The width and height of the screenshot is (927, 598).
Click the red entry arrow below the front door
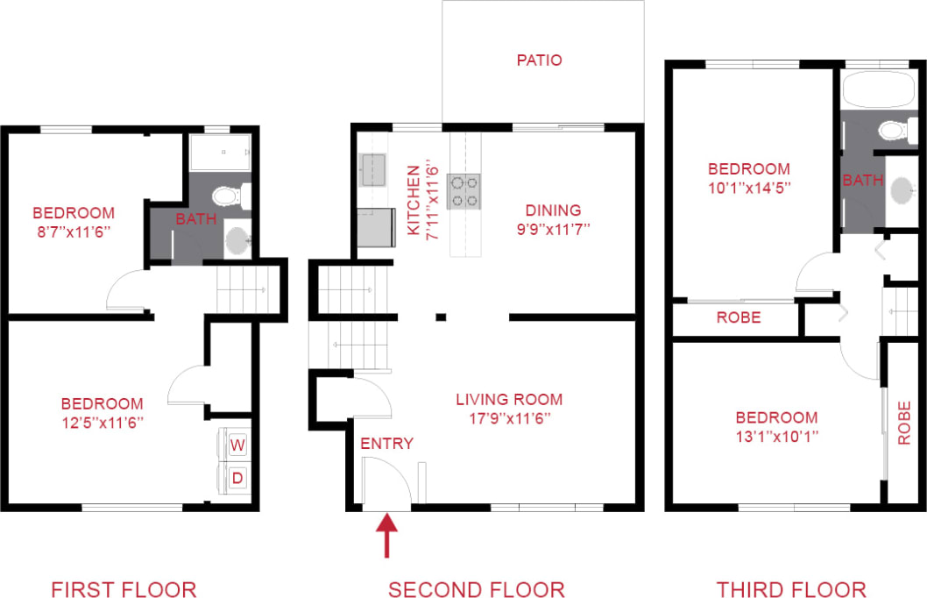tap(387, 536)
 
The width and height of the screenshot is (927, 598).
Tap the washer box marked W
tap(237, 445)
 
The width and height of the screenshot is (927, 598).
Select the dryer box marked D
tap(237, 480)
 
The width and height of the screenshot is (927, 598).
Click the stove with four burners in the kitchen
tap(464, 191)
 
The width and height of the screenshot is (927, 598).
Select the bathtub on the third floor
tap(879, 89)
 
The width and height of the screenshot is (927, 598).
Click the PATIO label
tap(539, 61)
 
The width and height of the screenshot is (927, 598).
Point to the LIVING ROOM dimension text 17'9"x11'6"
tap(509, 418)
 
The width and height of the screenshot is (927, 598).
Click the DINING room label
tap(553, 210)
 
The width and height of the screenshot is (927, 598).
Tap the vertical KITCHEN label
tap(414, 200)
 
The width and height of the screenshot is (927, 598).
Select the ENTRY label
tap(386, 444)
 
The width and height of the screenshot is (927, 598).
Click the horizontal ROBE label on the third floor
tap(739, 317)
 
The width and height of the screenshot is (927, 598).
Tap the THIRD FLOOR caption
tap(790, 589)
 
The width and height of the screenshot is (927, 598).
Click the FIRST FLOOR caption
tap(124, 589)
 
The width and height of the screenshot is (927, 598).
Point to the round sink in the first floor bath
tap(237, 238)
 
